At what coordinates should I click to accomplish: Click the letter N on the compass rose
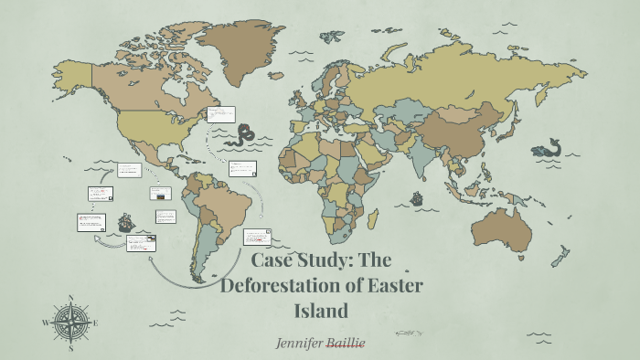point(71,299)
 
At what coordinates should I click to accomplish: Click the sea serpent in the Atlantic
point(244,137)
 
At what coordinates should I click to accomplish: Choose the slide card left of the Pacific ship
point(91,222)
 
